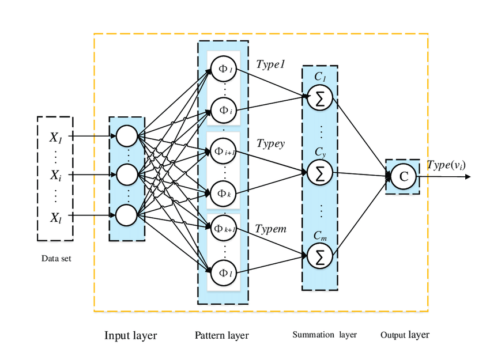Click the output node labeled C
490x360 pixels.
point(404,176)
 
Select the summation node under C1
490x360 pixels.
point(319,98)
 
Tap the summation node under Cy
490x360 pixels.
point(319,172)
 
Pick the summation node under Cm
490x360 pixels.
point(319,255)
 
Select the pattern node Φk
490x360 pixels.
point(223,193)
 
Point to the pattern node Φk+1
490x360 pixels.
point(223,229)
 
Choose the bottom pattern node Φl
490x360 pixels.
point(223,271)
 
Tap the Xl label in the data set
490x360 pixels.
point(55,217)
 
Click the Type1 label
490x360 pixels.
point(271,65)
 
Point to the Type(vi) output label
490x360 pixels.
point(446,165)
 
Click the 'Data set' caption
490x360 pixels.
point(56,257)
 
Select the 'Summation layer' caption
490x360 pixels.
point(325,335)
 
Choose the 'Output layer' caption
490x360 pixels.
point(405,335)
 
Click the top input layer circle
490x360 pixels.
point(127,137)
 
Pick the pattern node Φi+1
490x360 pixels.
point(223,151)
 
